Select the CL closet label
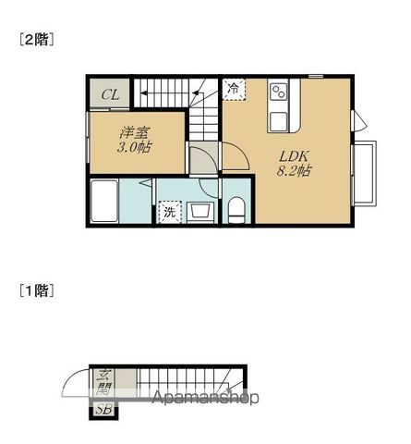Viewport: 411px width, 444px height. point(110,93)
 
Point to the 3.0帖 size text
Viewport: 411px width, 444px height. point(135,148)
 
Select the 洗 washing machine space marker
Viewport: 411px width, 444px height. point(170,212)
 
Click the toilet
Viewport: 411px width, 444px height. point(236,209)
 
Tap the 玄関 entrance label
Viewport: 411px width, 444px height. point(103,383)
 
